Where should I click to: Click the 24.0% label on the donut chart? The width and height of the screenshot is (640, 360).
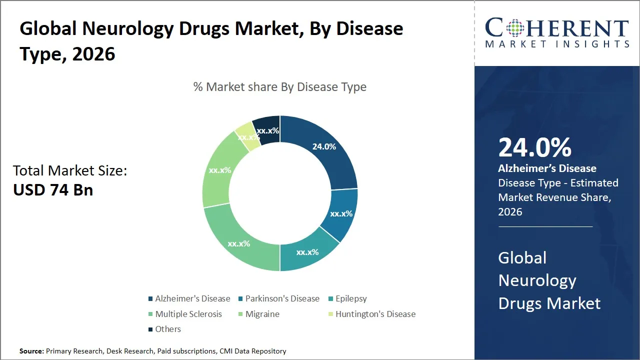point(324,146)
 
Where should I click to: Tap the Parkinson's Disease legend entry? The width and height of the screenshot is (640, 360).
point(282,298)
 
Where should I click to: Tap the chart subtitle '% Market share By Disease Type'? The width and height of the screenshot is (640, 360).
point(280,87)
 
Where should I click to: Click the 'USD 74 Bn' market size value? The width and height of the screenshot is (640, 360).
point(53,190)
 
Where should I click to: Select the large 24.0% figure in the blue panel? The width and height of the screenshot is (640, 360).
point(534,148)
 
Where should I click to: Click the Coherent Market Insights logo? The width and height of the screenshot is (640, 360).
point(557,33)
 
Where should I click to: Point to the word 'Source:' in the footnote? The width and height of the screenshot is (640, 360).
point(32,351)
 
